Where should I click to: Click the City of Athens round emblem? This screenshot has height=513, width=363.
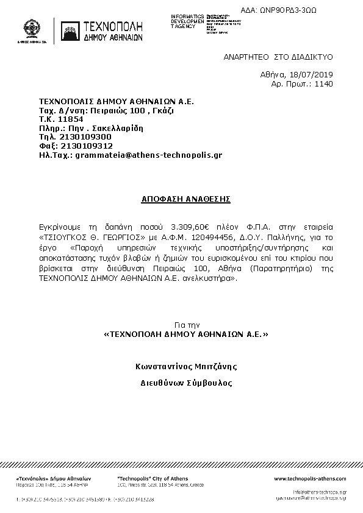33,29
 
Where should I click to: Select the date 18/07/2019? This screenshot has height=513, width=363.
314,75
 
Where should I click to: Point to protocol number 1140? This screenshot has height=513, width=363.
323,84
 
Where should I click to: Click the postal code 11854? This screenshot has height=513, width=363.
70,119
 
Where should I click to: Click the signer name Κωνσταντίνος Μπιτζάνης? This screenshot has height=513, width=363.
185,366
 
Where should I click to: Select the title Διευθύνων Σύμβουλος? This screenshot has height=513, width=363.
185,383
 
